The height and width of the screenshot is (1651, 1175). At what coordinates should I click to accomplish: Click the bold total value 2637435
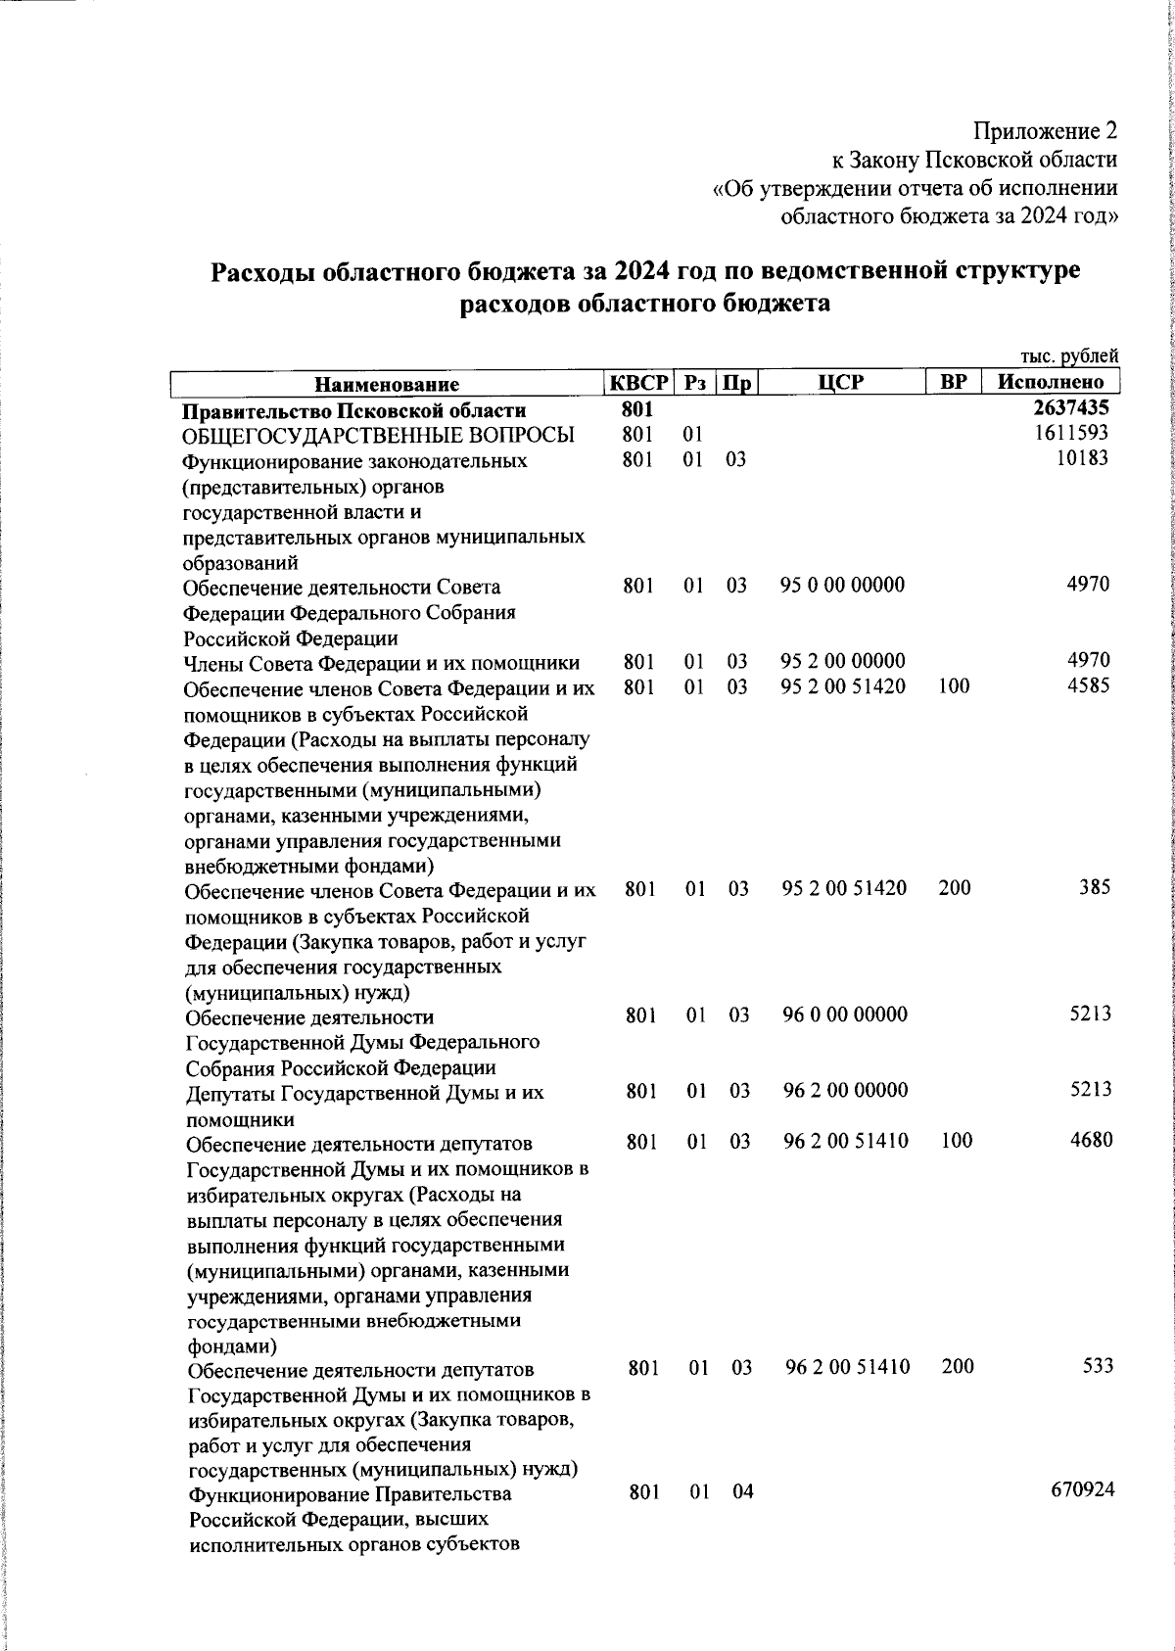(1071, 409)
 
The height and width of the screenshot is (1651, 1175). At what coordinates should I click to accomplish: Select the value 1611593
(1072, 434)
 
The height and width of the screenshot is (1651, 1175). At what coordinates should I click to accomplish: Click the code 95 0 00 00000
(842, 586)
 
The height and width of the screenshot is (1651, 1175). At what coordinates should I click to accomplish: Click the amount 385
(1096, 887)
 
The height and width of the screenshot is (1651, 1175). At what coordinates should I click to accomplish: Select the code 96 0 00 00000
(845, 1014)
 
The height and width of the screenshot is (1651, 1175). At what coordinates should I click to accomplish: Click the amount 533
(1098, 1366)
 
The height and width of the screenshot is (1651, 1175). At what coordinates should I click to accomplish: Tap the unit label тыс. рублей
(1068, 357)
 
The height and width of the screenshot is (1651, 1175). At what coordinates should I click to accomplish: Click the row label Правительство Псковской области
(355, 410)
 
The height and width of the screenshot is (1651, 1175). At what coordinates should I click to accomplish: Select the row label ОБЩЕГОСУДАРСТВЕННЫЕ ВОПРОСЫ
(379, 435)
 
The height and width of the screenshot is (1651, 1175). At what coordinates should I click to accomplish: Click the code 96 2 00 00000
(845, 1090)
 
